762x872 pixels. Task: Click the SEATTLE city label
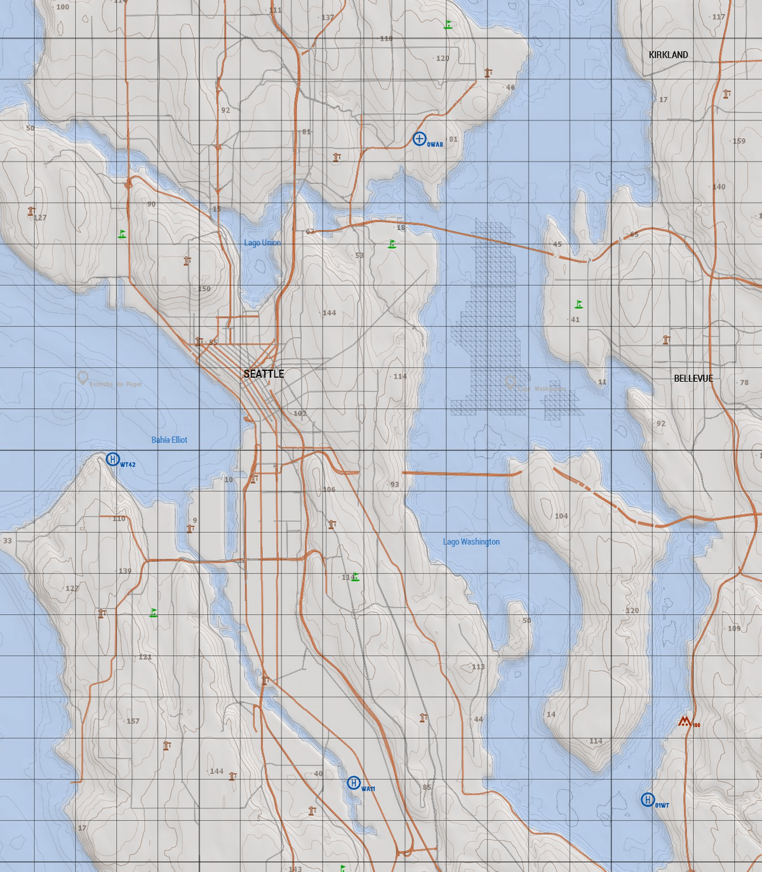tap(264, 374)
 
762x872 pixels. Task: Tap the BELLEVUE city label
tap(693, 379)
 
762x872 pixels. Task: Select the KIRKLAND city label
tap(668, 55)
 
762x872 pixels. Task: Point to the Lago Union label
tap(262, 243)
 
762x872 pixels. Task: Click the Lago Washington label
tap(471, 542)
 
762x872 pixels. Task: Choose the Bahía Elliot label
tap(170, 440)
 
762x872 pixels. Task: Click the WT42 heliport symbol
tap(112, 459)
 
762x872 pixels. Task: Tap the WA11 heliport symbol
tap(354, 783)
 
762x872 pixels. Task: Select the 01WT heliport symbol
tap(648, 800)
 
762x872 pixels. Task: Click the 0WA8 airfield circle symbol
tap(419, 138)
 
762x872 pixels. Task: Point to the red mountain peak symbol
tap(685, 721)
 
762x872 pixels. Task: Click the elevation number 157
tap(133, 721)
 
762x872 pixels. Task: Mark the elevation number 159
tap(739, 141)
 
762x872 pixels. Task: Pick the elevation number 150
tap(204, 289)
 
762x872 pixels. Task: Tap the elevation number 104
tap(561, 516)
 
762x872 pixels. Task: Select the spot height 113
tap(478, 667)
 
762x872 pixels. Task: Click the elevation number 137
tap(327, 18)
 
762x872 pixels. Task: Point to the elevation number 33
tap(7, 541)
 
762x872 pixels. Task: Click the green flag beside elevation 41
tap(578, 305)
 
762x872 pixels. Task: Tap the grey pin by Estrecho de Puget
tap(82, 379)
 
